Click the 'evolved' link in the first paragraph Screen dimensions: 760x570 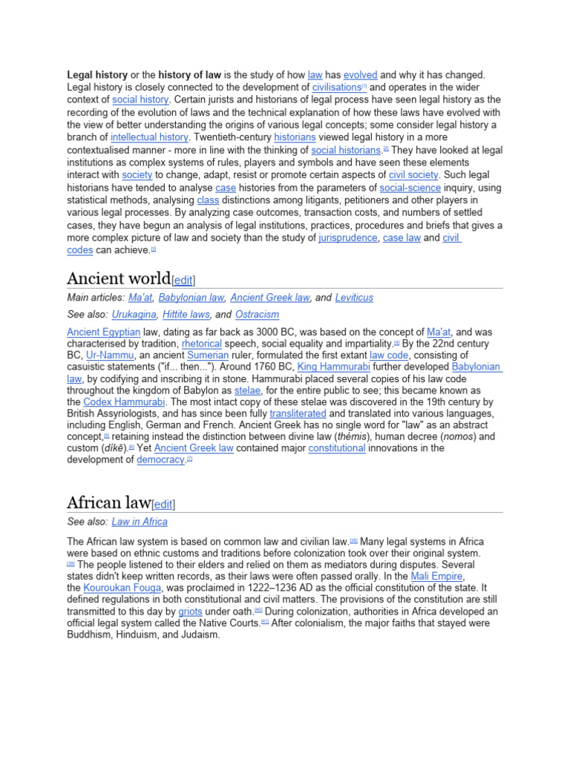(x=360, y=75)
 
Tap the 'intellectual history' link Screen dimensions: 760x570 (x=149, y=137)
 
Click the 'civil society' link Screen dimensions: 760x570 (x=413, y=175)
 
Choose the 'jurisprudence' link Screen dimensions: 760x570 (x=348, y=238)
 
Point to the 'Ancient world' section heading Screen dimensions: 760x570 (x=119, y=278)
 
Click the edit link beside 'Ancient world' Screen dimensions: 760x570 (x=183, y=280)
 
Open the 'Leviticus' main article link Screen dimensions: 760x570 (x=354, y=298)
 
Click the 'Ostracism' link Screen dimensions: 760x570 (x=257, y=315)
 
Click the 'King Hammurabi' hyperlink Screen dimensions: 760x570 (x=333, y=367)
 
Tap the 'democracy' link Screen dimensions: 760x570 (x=160, y=460)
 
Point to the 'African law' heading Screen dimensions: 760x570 (x=108, y=502)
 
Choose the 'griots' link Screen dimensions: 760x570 (x=190, y=611)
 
